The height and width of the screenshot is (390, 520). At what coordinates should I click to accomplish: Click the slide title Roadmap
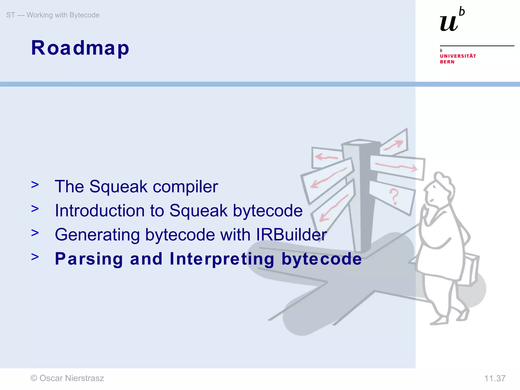(x=80, y=48)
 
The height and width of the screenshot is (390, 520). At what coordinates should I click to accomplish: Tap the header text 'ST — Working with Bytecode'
(x=53, y=15)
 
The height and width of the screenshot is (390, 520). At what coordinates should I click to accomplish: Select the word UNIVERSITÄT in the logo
(x=458, y=56)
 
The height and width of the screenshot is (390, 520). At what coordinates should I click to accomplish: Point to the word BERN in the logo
(x=447, y=62)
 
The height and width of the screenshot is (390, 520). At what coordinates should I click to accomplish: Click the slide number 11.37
(x=495, y=379)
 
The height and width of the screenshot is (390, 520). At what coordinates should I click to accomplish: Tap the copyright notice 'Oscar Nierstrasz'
(x=67, y=378)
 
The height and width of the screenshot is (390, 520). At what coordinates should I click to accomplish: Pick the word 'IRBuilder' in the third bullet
(x=291, y=235)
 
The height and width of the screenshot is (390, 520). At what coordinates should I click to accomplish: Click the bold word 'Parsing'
(x=89, y=259)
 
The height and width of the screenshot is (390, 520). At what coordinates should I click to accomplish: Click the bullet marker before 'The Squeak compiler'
(x=35, y=185)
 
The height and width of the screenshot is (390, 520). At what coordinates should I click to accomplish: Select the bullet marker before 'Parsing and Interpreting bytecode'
(x=35, y=257)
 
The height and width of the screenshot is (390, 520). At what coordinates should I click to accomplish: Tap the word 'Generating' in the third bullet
(x=97, y=235)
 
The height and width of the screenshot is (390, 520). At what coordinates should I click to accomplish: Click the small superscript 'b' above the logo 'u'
(x=462, y=12)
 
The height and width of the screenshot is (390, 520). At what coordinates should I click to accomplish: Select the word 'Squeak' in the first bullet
(x=118, y=187)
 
